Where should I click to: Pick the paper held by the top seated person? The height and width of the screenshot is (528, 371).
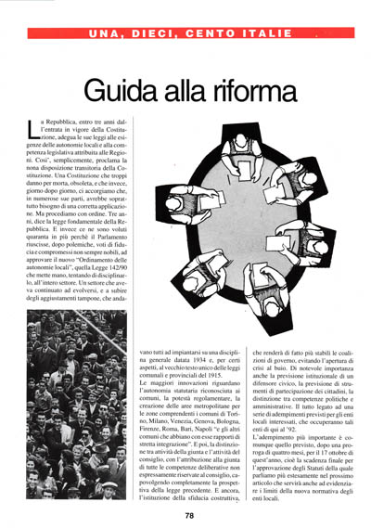click(x=236, y=163)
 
